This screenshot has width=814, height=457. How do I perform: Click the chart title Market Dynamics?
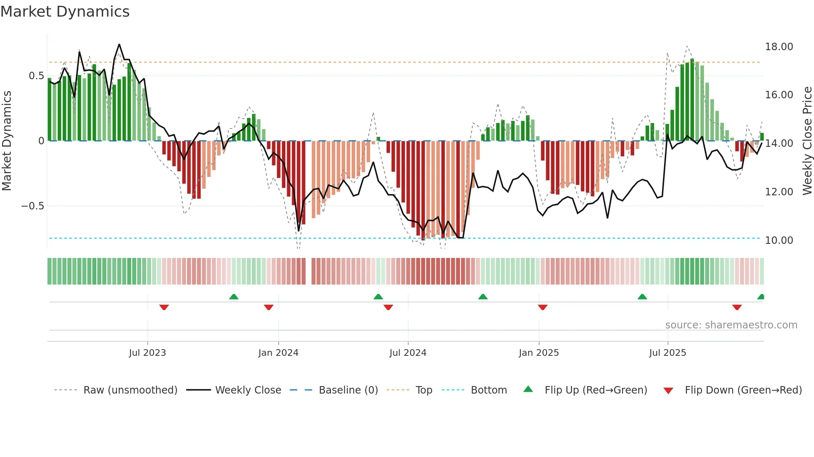pyautogui.click(x=65, y=12)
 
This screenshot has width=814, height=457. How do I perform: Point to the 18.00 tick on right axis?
pyautogui.click(x=779, y=47)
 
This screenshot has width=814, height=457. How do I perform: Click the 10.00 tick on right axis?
pyautogui.click(x=779, y=241)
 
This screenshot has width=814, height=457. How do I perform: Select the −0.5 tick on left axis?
pyautogui.click(x=32, y=206)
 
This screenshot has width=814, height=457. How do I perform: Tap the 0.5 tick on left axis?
pyautogui.click(x=36, y=76)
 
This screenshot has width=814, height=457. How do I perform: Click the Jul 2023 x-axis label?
pyautogui.click(x=147, y=353)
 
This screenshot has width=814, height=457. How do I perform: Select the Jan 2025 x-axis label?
pyautogui.click(x=539, y=353)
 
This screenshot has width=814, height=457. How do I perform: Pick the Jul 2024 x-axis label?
pyautogui.click(x=408, y=353)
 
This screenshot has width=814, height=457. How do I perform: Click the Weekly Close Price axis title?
pyautogui.click(x=807, y=141)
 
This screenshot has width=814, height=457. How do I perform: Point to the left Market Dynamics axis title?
pyautogui.click(x=7, y=141)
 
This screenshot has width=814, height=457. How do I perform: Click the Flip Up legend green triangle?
pyautogui.click(x=528, y=389)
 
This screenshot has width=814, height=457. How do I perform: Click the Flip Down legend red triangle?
pyautogui.click(x=668, y=391)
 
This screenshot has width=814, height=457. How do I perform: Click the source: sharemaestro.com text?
pyautogui.click(x=731, y=325)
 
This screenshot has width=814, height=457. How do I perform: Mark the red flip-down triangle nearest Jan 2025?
pyautogui.click(x=542, y=307)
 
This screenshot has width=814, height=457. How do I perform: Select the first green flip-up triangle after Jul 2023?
pyautogui.click(x=234, y=297)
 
